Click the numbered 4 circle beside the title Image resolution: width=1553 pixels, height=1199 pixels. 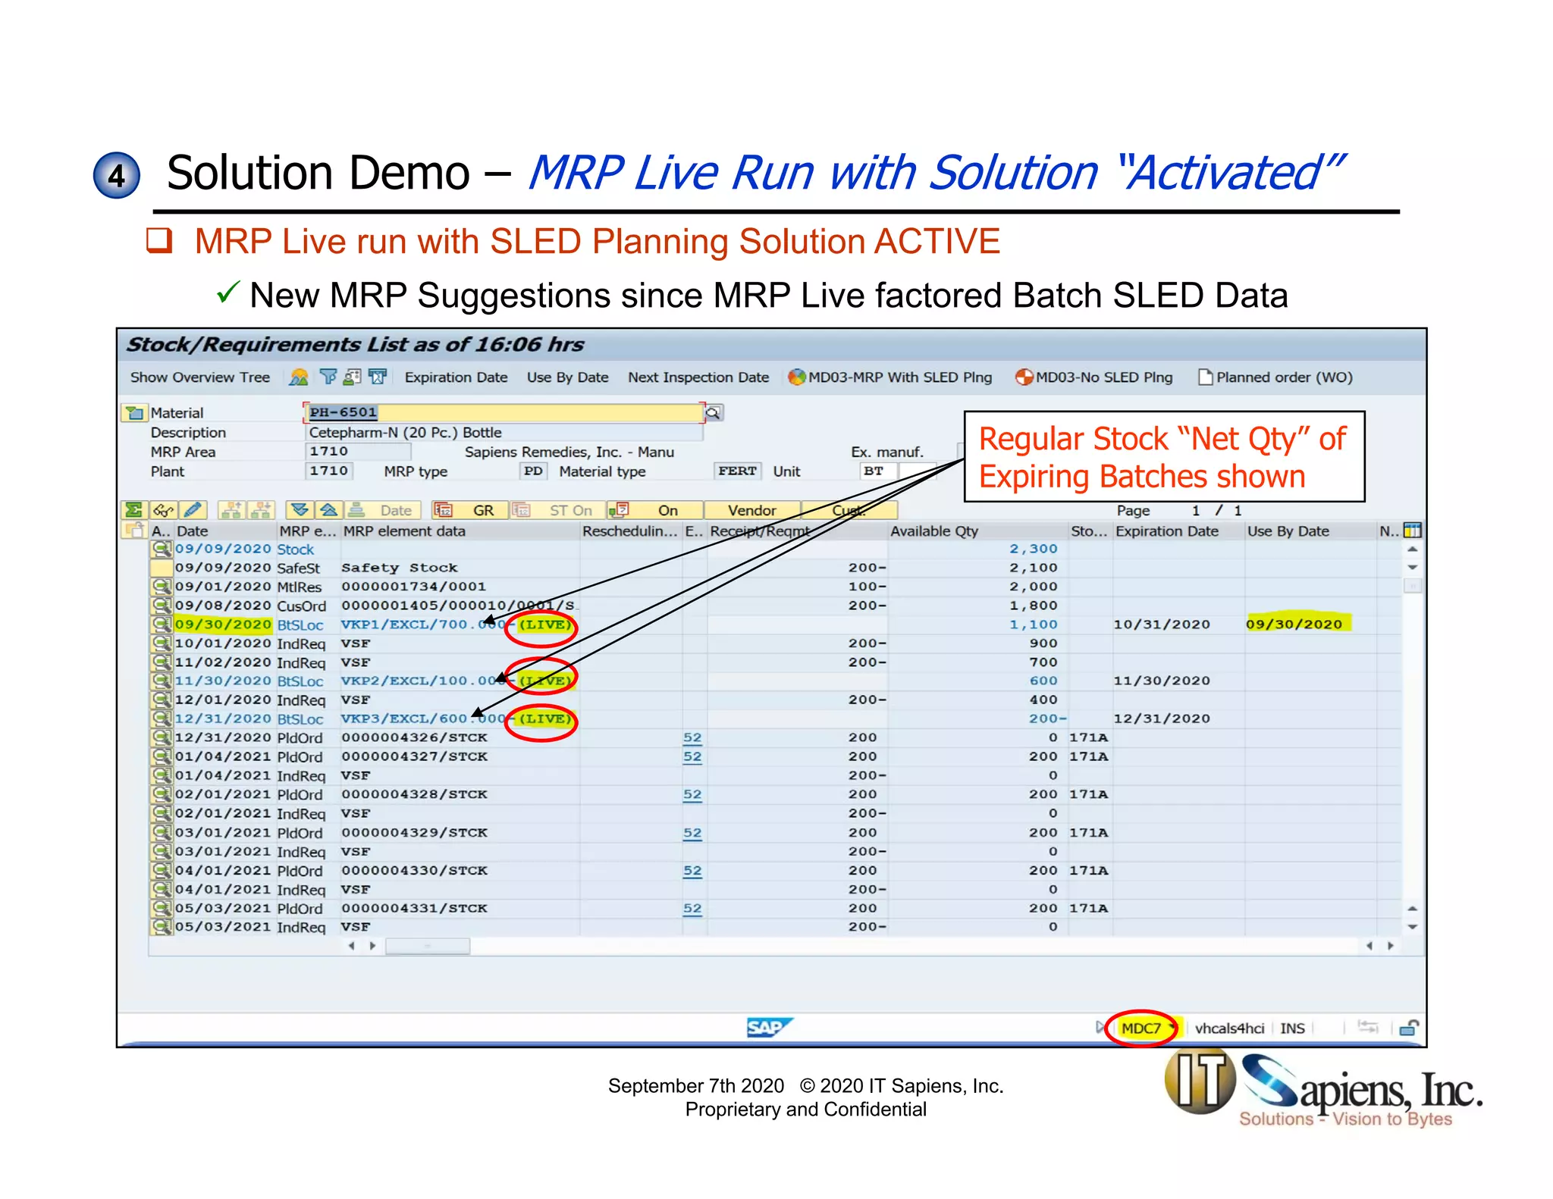pyautogui.click(x=116, y=175)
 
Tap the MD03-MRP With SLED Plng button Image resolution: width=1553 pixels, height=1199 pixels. pyautogui.click(x=891, y=377)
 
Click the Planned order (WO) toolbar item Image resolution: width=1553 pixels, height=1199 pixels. pyautogui.click(x=1275, y=377)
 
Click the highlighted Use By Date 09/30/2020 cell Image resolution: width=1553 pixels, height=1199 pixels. pyautogui.click(x=1294, y=624)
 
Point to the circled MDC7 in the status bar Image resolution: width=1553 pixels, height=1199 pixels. pyautogui.click(x=1140, y=1028)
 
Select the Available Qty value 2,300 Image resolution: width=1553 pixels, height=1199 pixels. pyautogui.click(x=1033, y=549)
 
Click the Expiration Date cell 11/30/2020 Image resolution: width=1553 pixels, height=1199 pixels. pyautogui.click(x=1161, y=681)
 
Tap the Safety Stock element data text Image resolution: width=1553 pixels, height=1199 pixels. pyautogui.click(x=400, y=568)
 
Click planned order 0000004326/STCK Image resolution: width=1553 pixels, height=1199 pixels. pyautogui.click(x=414, y=737)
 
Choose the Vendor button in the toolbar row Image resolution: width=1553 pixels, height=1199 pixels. pyautogui.click(x=751, y=510)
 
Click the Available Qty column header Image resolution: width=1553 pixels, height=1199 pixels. pyautogui.click(x=934, y=531)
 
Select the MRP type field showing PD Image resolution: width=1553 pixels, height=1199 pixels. pyautogui.click(x=533, y=471)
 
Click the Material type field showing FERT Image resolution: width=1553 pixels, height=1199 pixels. pyautogui.click(x=737, y=471)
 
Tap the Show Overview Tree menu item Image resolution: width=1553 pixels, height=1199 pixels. pyautogui.click(x=199, y=377)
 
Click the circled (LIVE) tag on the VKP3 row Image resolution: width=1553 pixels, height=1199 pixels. pyautogui.click(x=544, y=718)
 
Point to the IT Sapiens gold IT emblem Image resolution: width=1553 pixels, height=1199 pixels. pyautogui.click(x=1200, y=1082)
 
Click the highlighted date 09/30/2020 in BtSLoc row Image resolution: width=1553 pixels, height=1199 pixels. pyautogui.click(x=222, y=625)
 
